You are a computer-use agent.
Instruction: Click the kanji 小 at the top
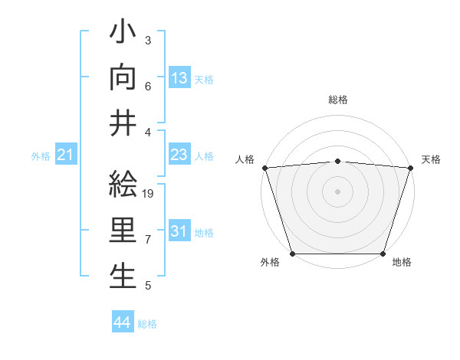coord(123,34)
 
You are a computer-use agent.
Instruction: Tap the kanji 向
coord(123,77)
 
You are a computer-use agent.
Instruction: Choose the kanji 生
coord(123,276)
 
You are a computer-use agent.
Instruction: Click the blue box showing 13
coord(179,78)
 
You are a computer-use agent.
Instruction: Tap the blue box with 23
coord(179,155)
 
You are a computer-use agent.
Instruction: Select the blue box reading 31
coord(179,231)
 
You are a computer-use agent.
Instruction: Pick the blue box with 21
coord(66,155)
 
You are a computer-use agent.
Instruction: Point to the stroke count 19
coord(149,194)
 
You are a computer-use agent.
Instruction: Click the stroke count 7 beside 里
coord(148,240)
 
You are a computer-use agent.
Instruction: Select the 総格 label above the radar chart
coord(338,100)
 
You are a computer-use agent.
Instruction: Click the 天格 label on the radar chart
coord(431,159)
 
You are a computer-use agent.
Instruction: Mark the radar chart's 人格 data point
coord(264,168)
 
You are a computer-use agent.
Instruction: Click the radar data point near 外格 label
coord(293,254)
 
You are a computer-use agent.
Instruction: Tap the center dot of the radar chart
coord(337,191)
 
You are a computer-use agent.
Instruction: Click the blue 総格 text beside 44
coord(147,324)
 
